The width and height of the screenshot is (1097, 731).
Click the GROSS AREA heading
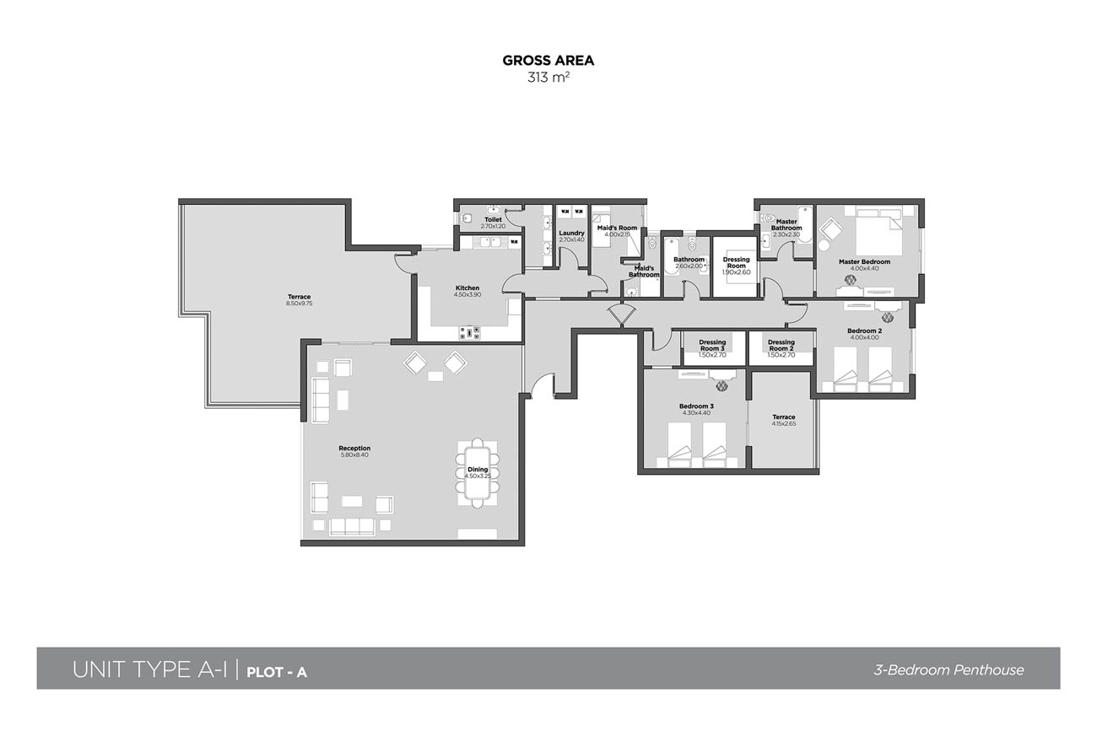pos(548,60)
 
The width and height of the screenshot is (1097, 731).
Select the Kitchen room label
pos(467,288)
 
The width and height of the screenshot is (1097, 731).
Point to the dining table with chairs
pos(478,472)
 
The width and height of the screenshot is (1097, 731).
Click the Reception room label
pos(354,449)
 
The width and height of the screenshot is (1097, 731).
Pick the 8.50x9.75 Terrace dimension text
pos(299,303)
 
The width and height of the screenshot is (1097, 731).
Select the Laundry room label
pos(571,234)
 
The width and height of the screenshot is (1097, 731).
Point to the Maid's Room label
pos(617,228)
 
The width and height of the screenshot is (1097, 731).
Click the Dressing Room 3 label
pos(711,346)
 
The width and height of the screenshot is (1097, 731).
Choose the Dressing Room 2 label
pos(781,346)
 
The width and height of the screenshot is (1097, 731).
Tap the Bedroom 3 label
pos(696,406)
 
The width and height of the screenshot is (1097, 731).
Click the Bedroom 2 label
pos(864,331)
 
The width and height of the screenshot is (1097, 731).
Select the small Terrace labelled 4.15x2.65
pos(783,420)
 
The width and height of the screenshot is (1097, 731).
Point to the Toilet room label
pos(493,220)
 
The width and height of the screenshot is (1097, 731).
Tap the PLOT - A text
pos(277,672)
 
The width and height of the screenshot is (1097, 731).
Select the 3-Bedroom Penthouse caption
pos(948,670)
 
